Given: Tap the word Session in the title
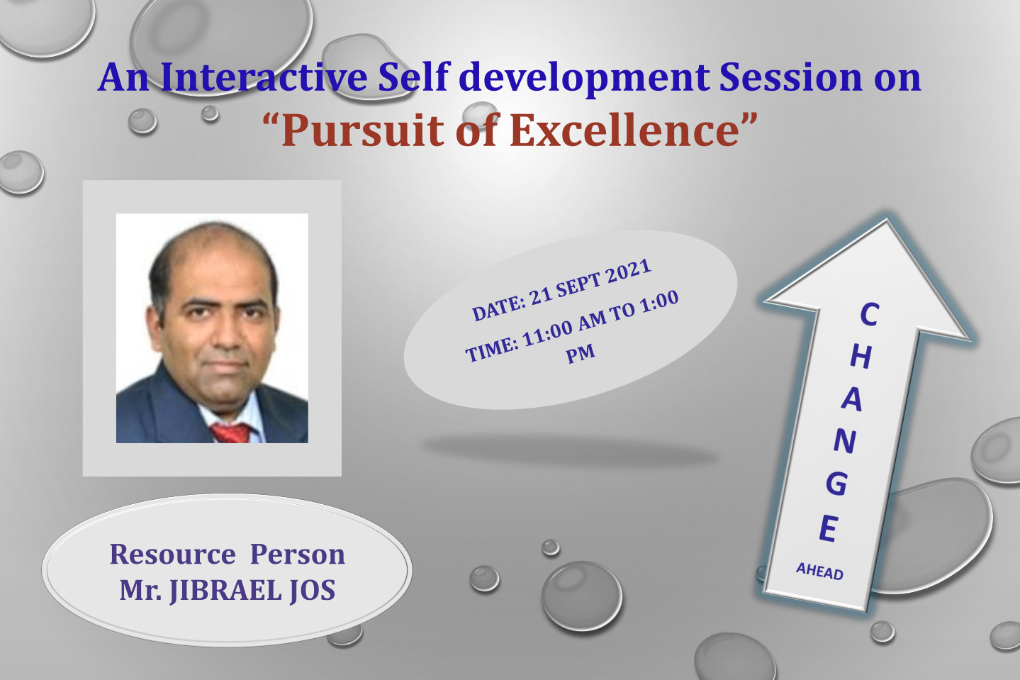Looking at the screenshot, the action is click(790, 77).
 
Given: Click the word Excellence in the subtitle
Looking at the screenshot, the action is click(624, 130).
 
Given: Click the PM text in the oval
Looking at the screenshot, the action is click(581, 353).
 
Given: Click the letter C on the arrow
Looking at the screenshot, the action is click(869, 315).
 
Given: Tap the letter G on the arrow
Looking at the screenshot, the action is click(837, 484).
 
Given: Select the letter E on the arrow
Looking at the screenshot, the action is click(829, 528).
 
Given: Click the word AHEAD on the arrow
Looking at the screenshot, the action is click(819, 571).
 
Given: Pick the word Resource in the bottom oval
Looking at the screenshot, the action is click(172, 554).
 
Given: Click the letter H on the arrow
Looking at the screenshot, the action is click(861, 357).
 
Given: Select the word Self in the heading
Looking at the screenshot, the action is click(414, 77).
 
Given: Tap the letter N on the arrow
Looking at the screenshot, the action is click(845, 441).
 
